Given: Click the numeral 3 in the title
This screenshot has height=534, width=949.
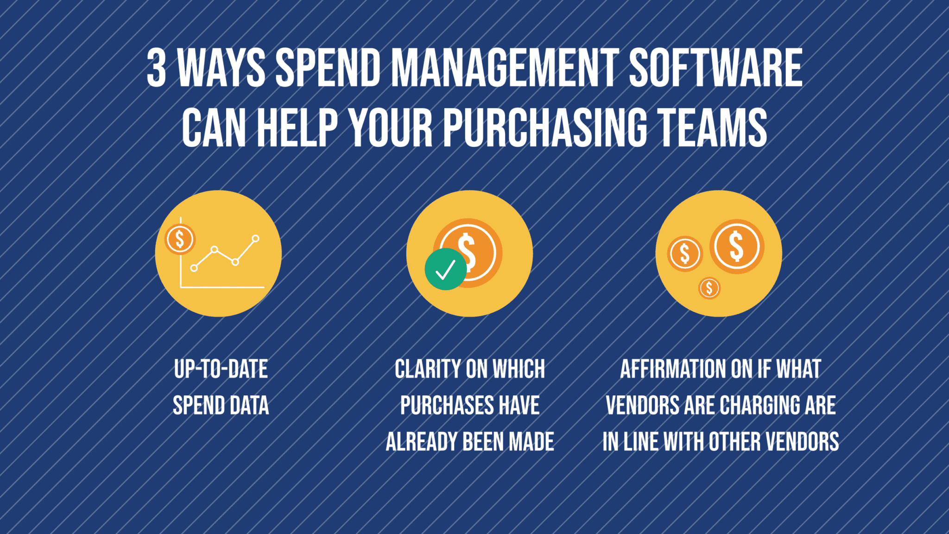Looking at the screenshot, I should pos(157,68).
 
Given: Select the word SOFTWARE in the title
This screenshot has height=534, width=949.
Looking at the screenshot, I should pos(715,68).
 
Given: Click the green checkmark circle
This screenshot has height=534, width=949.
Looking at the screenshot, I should pos(446,269).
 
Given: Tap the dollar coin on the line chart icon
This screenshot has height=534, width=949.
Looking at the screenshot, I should pos(180,239).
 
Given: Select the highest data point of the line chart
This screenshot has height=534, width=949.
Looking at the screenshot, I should pos(255,239).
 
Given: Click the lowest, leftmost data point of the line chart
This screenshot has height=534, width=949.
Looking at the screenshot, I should pos(194,268).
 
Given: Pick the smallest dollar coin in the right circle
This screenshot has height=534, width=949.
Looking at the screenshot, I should pos(709,288).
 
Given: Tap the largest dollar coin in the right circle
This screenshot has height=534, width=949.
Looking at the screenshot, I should pos(737,246).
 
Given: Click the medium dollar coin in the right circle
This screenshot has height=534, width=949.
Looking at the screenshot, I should pos(685,254).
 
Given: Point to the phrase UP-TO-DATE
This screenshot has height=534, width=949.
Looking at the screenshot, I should pos(221,369).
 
